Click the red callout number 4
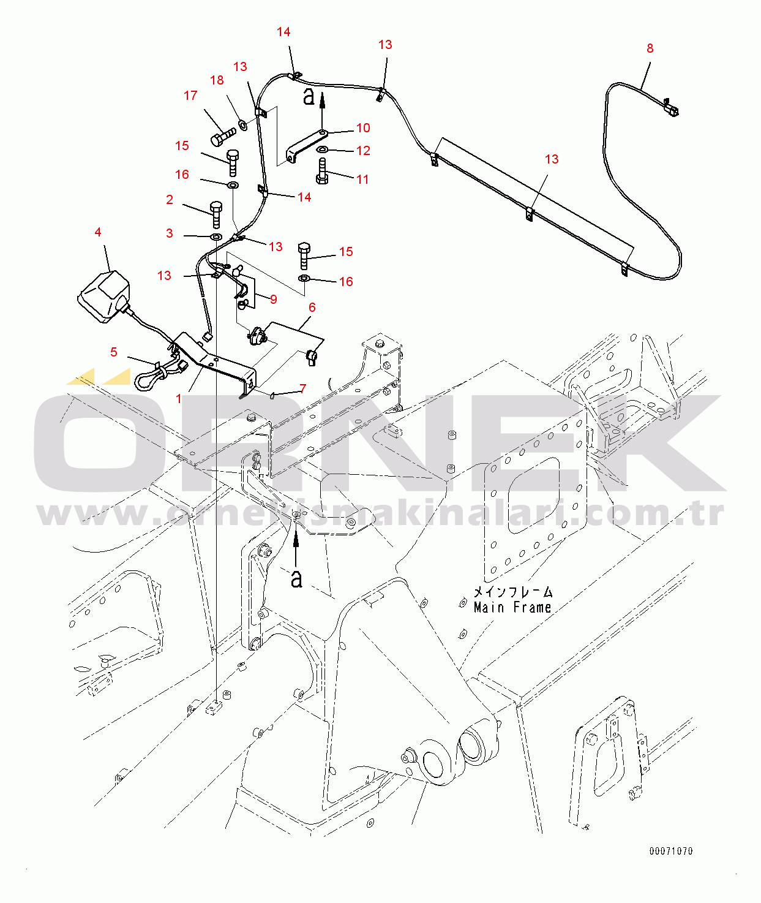pos(98,232)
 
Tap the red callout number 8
pos(650,48)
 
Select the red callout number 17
pos(190,96)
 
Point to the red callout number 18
pos(217,80)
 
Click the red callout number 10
pos(363,128)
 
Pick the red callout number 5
pos(114,352)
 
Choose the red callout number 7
pos(303,388)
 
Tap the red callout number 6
pos(312,308)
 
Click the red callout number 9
pos(274,300)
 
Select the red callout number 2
pos(170,200)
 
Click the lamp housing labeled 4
pos(104,297)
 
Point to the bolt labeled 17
pos(223,135)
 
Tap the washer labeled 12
pos(322,149)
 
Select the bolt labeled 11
pos(323,172)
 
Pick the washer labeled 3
pos(216,236)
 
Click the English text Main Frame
pos(512,608)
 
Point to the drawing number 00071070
pos(670,851)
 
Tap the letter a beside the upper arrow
pos(309,96)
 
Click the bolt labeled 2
pos(216,214)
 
